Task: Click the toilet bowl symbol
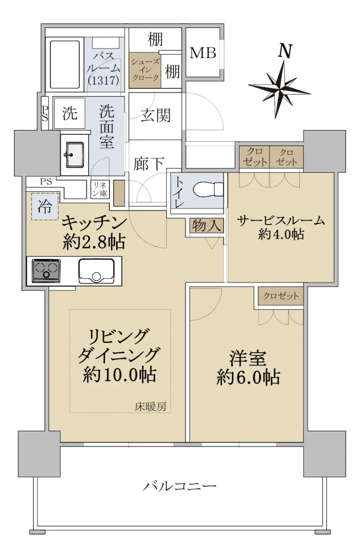(x=208, y=190)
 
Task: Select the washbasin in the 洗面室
(x=75, y=154)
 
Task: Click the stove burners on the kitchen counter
(x=46, y=271)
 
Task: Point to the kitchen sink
(x=97, y=271)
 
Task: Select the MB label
(x=203, y=53)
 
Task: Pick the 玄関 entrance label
(x=155, y=116)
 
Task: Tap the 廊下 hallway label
(x=148, y=164)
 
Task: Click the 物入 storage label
(x=206, y=225)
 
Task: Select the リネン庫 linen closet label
(x=100, y=189)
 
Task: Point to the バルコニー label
(x=179, y=486)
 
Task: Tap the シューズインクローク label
(x=145, y=70)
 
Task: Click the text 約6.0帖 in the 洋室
(x=248, y=377)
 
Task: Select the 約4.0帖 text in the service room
(x=281, y=234)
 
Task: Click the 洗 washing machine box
(x=70, y=113)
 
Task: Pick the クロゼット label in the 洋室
(x=281, y=296)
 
